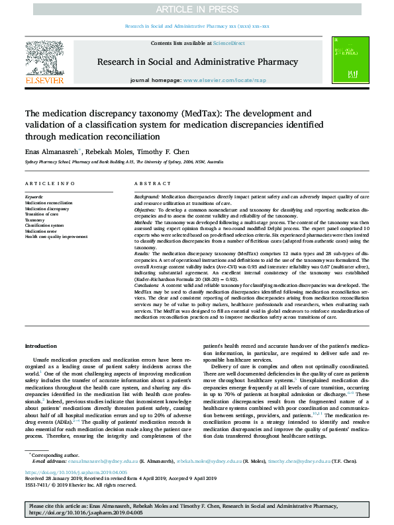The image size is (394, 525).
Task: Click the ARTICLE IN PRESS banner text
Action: [197, 9]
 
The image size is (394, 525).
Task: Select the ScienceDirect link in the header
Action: [228, 43]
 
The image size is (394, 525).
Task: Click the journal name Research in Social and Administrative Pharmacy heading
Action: [197, 61]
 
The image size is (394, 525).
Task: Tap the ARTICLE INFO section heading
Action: [50, 183]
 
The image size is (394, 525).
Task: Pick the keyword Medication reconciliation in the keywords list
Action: [49, 202]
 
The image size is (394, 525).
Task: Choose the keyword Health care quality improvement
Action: [56, 236]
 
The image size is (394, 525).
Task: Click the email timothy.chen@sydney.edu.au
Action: [297, 460]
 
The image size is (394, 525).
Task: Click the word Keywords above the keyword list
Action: [34, 197]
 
